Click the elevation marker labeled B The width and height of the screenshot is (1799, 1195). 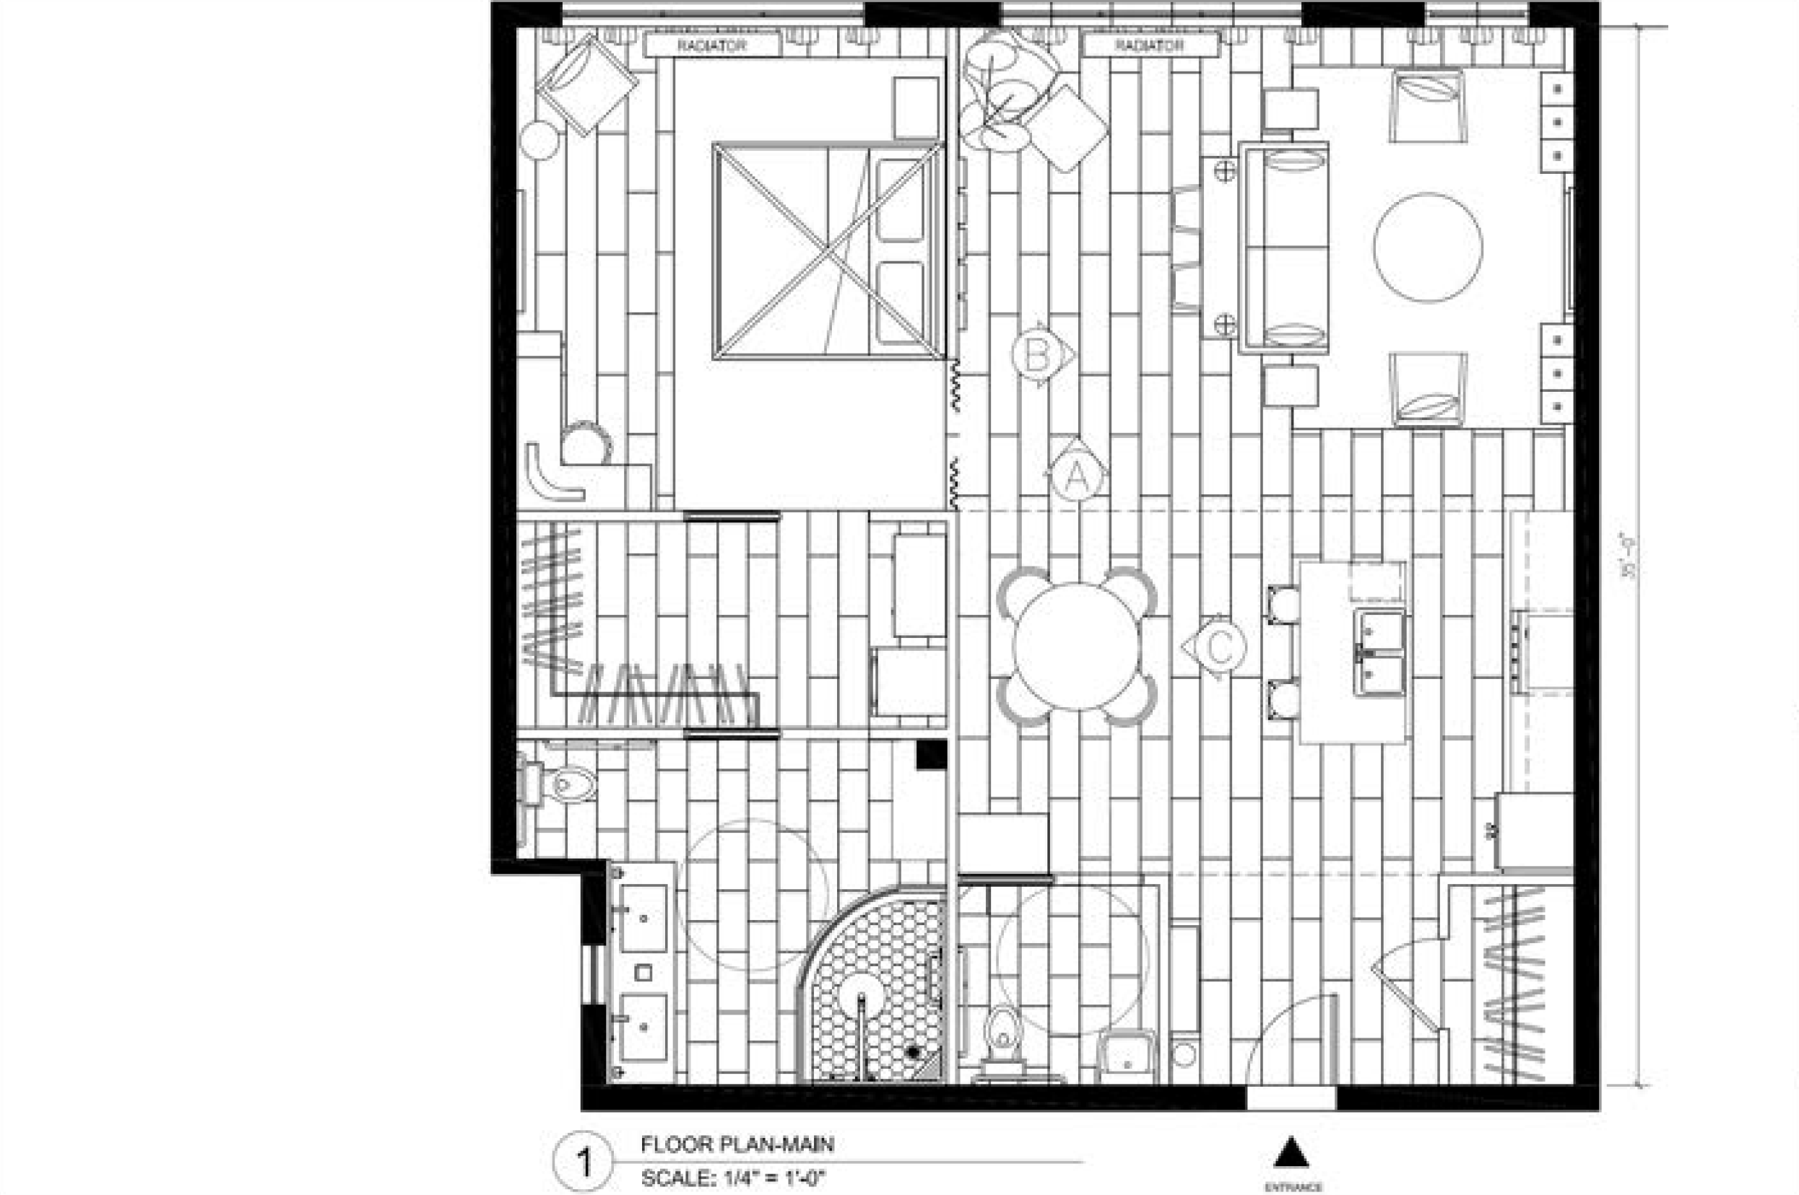1037,354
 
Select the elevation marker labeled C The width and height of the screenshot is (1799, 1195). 1218,647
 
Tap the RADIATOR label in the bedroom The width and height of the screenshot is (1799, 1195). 711,45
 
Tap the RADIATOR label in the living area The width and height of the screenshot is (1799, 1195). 1149,45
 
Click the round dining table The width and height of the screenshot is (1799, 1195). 1076,647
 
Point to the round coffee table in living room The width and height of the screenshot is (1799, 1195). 1428,247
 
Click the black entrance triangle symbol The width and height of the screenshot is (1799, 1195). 1291,1153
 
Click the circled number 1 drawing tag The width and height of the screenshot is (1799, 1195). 584,1163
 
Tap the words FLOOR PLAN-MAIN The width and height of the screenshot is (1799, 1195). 737,1144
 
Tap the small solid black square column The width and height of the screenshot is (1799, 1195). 930,755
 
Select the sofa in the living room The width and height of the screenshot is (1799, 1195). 1285,248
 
